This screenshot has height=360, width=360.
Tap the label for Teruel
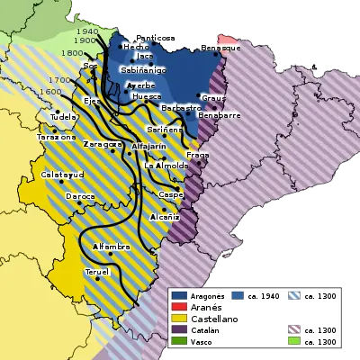click(97, 271)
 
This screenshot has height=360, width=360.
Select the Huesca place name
click(146, 96)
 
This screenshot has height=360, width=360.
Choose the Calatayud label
click(61, 175)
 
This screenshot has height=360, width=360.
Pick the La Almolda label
click(166, 166)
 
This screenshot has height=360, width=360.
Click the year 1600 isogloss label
click(51, 92)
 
